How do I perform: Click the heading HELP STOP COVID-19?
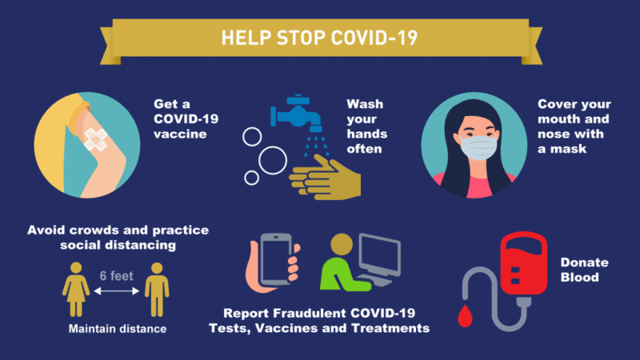319,38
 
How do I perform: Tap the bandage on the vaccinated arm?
95,139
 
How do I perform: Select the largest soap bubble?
273,160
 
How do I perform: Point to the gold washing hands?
326,178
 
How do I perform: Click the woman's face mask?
478,147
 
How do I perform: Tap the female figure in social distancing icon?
76,290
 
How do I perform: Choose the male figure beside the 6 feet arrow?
157,290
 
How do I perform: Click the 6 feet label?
116,276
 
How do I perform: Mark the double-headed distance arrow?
117,291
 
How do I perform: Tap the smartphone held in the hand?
276,259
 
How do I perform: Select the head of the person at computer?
342,245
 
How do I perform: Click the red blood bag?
524,263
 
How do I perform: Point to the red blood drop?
465,315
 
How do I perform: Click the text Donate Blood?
584,270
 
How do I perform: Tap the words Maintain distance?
118,329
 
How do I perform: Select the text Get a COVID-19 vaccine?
186,118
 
